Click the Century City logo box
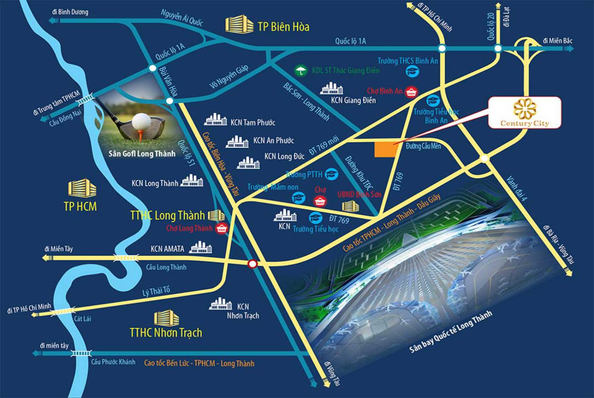[x=524, y=112]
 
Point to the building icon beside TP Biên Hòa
[x=239, y=24]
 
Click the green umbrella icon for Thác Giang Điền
[x=300, y=70]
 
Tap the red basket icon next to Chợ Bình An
[x=411, y=91]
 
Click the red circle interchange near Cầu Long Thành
[x=252, y=264]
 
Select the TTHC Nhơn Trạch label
[x=165, y=332]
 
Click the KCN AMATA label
[x=167, y=249]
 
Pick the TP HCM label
[x=80, y=206]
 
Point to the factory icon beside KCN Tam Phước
[x=215, y=119]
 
